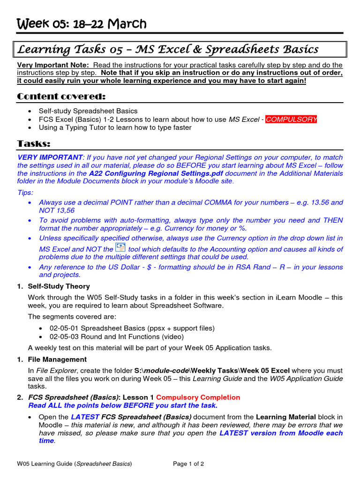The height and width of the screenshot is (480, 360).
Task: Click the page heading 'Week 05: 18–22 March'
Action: click(82, 24)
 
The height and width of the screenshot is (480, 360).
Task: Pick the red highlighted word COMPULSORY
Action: click(291, 120)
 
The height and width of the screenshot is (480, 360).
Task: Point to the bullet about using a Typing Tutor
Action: click(115, 127)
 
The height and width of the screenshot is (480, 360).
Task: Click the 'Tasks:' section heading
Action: click(34, 143)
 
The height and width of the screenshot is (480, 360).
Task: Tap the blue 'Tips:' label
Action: click(25, 193)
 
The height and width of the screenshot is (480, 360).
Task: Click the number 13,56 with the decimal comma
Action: click(64, 210)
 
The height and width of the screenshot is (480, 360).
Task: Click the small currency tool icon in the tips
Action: click(120, 247)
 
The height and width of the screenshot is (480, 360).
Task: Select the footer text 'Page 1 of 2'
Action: click(188, 464)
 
